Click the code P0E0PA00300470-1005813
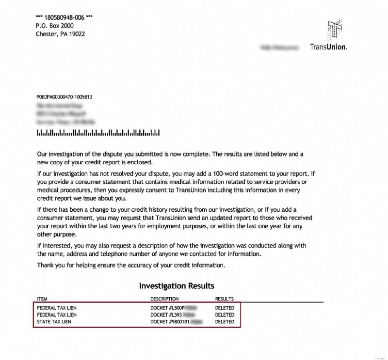(x=64, y=97)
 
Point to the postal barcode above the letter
(x=98, y=132)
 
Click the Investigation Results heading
(x=177, y=286)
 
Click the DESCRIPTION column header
(x=164, y=299)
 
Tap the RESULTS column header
(x=225, y=299)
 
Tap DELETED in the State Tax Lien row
(x=225, y=322)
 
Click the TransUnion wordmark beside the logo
(x=328, y=47)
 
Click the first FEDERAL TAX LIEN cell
(x=57, y=308)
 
